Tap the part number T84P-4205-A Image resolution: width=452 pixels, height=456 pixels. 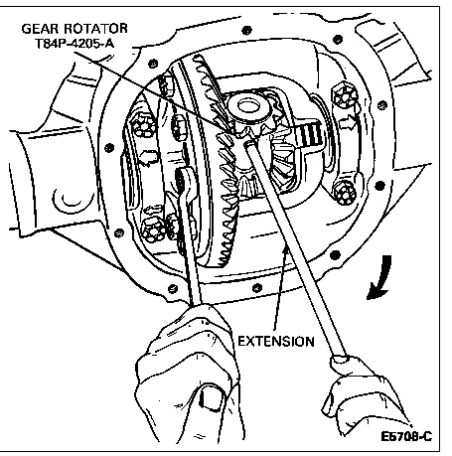(75, 44)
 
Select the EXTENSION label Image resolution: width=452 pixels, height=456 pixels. (276, 342)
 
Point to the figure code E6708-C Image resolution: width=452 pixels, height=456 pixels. (406, 436)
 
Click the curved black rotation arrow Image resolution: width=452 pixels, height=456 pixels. (381, 278)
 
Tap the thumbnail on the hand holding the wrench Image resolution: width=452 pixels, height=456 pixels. (211, 396)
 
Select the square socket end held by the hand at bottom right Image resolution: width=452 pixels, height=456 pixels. (339, 363)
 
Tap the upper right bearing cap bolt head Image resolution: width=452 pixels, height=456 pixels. (345, 96)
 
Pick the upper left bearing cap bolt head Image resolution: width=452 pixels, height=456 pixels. (143, 125)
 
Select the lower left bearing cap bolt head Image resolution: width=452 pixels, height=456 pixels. (153, 228)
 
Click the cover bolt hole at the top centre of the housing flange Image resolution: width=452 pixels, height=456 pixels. (246, 31)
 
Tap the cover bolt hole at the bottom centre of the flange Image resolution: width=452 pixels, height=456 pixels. (257, 288)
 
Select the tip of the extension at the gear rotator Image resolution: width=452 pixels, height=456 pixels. (247, 144)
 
